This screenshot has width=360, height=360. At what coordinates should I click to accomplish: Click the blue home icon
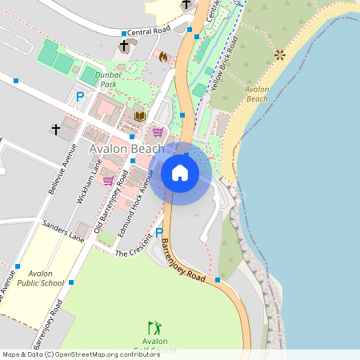[180, 172]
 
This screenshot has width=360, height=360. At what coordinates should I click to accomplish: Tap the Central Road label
[149, 31]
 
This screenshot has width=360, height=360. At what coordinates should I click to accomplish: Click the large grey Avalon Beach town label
[126, 149]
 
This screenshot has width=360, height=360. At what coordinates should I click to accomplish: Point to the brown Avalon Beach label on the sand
[258, 94]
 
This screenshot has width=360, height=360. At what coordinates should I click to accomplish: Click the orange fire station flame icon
[164, 57]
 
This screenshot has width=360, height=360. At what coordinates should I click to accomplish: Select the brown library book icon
[140, 116]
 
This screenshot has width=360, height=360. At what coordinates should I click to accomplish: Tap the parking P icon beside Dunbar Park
[79, 97]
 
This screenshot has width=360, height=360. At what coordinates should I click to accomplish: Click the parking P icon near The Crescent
[158, 232]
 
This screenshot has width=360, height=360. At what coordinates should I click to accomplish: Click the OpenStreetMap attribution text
[80, 354]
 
